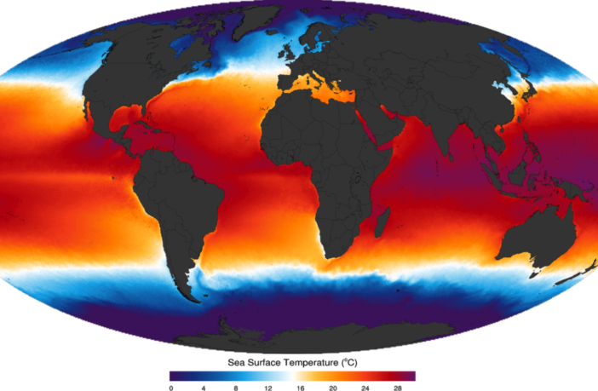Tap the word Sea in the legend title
click(236, 362)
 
